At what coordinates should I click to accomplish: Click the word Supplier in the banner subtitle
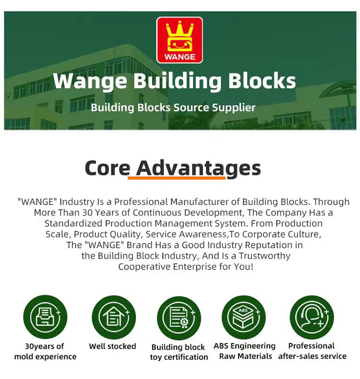[235, 107]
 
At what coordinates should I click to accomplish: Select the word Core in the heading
[108, 168]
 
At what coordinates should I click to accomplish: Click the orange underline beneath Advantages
[176, 178]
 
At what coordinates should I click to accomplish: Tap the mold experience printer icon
[45, 317]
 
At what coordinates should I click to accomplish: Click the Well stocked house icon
[113, 317]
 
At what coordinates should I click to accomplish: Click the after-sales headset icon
[312, 317]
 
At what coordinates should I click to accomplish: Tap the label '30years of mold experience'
[45, 351]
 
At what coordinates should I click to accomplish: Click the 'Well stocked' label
[112, 346]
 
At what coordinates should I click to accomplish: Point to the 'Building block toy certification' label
[179, 352]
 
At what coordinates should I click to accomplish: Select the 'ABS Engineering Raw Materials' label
[245, 351]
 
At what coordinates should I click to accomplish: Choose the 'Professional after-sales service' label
[312, 351]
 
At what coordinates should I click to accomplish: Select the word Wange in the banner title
[90, 81]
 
